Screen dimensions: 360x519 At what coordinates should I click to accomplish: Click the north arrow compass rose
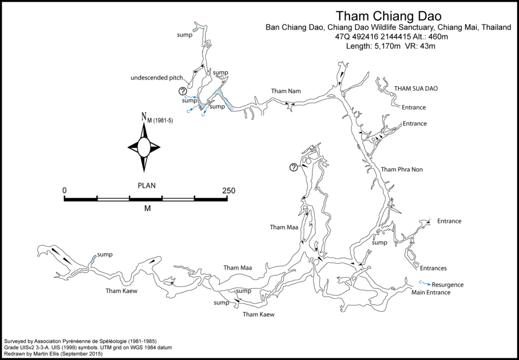(144, 147)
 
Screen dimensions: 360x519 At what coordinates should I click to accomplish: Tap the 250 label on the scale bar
(228, 191)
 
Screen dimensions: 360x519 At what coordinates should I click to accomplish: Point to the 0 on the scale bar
(64, 191)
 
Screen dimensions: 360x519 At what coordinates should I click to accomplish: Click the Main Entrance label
(431, 293)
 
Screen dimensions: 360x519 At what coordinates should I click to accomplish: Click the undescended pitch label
(156, 78)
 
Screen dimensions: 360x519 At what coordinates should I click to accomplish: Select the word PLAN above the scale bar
(146, 185)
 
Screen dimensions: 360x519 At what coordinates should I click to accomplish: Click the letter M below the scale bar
(147, 208)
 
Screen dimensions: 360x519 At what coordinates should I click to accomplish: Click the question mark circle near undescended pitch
(182, 91)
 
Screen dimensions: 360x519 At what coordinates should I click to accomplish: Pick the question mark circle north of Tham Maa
(293, 168)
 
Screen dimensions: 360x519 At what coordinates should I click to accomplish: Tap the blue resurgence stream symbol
(423, 283)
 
